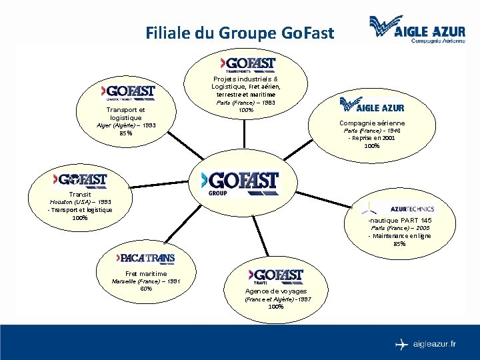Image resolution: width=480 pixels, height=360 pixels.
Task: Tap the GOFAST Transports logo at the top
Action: [248, 64]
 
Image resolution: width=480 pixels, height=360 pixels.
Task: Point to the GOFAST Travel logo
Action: [276, 276]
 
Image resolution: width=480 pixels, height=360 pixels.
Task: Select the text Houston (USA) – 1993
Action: [80, 201]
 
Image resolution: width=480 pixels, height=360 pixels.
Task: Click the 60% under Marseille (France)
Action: [146, 289]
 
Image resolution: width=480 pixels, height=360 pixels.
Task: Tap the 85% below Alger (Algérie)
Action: [125, 133]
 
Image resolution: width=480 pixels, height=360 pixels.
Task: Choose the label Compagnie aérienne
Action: [372, 123]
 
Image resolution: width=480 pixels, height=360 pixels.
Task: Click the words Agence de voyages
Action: [276, 291]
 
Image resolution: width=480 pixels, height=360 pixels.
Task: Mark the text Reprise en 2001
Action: [373, 138]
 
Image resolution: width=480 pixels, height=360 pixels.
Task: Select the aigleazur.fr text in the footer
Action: [435, 345]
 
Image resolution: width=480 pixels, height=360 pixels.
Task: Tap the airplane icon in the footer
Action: [401, 345]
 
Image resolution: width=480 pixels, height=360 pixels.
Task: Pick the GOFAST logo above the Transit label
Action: [80, 180]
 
